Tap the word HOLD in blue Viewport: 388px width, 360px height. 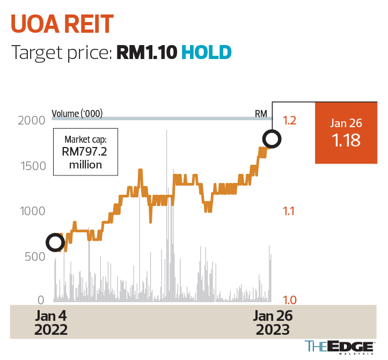click(x=206, y=52)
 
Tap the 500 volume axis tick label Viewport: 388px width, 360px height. click(x=35, y=256)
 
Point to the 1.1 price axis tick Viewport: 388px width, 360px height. click(x=289, y=211)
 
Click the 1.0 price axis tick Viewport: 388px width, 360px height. click(x=289, y=300)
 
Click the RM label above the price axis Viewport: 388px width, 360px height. click(x=261, y=114)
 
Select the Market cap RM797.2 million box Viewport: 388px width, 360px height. click(x=85, y=151)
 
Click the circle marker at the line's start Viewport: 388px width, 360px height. click(x=55, y=243)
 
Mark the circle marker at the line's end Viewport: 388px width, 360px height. click(x=272, y=140)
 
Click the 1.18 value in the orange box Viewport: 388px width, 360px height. click(x=346, y=141)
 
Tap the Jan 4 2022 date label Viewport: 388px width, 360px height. click(x=52, y=322)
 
